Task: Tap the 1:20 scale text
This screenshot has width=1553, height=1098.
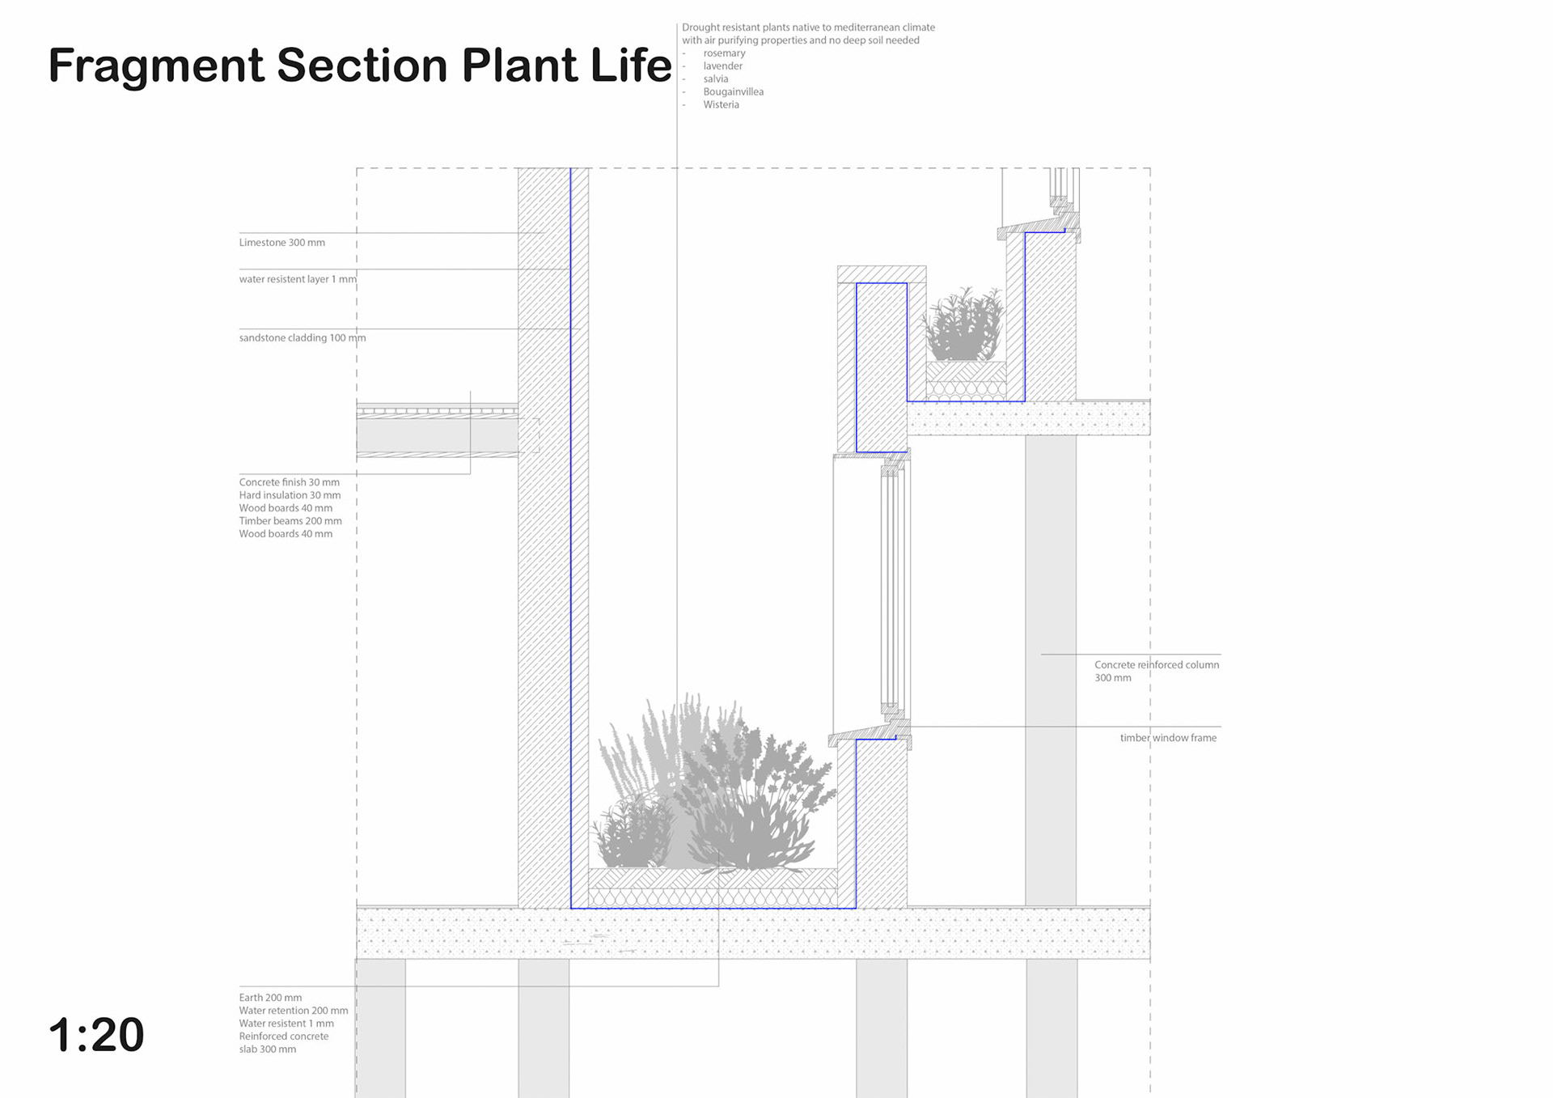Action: [96, 1035]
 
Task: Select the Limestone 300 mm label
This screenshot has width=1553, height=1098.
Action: [281, 243]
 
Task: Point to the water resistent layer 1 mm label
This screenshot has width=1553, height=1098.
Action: [297, 279]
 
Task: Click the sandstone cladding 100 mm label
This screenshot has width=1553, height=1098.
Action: [302, 338]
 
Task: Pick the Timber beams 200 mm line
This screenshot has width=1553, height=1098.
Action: [290, 521]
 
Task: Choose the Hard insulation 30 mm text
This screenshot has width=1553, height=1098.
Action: [290, 495]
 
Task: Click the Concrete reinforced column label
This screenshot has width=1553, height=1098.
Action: [1156, 665]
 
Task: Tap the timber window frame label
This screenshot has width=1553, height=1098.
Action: [1167, 738]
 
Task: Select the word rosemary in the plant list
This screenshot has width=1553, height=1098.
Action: [724, 53]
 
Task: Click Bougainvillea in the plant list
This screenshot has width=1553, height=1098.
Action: [733, 92]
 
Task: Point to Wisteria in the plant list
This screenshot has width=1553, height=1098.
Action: [721, 105]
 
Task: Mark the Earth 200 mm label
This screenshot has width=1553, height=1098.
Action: [270, 998]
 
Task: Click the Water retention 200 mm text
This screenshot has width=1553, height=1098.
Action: [293, 1011]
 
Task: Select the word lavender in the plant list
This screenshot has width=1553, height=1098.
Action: [722, 66]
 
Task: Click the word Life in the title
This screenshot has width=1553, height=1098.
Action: [631, 66]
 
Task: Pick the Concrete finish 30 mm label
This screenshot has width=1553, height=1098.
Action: [289, 482]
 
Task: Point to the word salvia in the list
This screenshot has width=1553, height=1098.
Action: [715, 79]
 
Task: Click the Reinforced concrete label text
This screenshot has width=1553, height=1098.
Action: [283, 1037]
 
